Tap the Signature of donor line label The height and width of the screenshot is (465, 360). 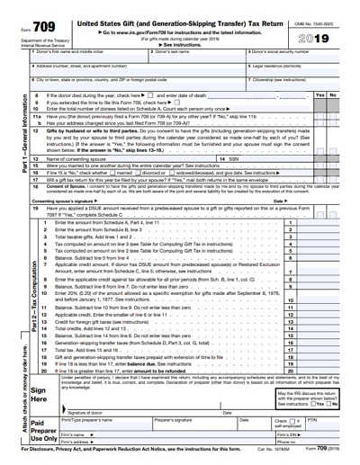99,411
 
